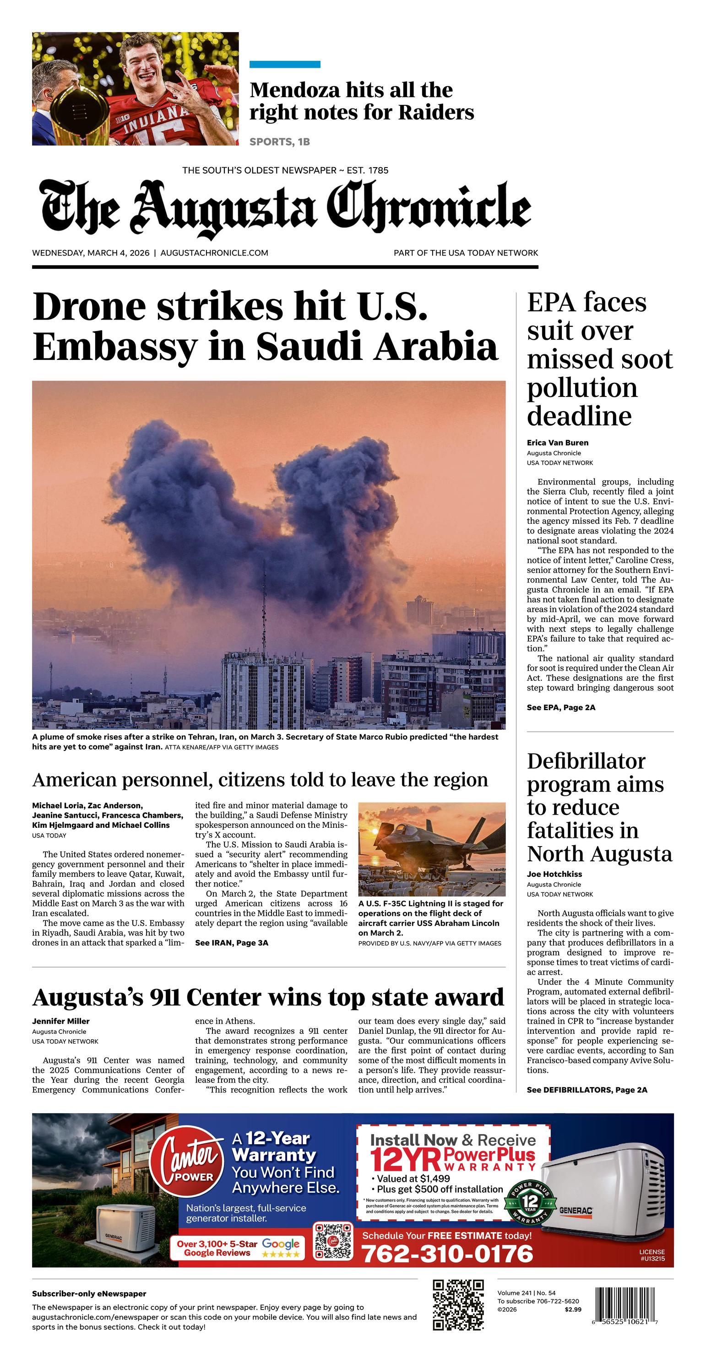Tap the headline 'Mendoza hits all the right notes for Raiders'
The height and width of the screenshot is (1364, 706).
(x=361, y=101)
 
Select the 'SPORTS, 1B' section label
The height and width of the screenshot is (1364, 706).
(x=280, y=142)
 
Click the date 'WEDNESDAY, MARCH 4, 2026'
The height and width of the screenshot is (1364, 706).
(x=91, y=253)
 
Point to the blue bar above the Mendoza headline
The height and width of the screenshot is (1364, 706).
(x=284, y=65)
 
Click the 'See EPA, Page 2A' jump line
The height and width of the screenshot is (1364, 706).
(x=561, y=707)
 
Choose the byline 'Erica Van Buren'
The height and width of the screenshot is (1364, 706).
(x=557, y=443)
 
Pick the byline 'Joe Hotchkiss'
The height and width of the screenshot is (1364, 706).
(x=554, y=874)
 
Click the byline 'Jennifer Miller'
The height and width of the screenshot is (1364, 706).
(x=61, y=1022)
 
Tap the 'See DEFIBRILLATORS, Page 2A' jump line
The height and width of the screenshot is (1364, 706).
(x=587, y=1090)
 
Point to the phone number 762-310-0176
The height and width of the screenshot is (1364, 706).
(x=447, y=1254)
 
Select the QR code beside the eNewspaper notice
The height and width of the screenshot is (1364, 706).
(x=458, y=1304)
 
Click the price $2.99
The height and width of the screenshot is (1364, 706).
(x=572, y=1310)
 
